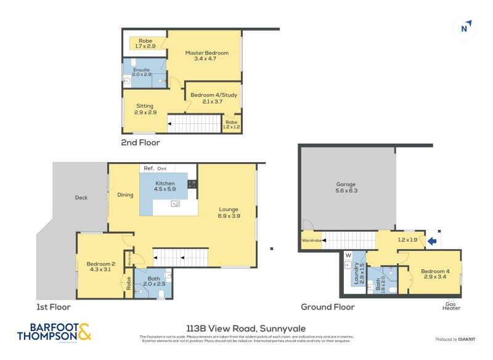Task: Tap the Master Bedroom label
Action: tap(206, 56)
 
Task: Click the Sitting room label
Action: tap(145, 109)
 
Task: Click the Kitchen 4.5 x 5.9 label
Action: tap(165, 187)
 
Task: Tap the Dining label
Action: tap(125, 195)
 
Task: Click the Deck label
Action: tap(81, 198)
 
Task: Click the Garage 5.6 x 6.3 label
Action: tap(346, 187)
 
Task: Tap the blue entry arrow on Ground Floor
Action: tap(433, 241)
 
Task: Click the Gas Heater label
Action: tap(452, 306)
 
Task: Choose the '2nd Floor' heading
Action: tap(140, 142)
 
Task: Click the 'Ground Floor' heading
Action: tap(327, 307)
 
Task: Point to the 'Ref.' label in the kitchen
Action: tap(149, 168)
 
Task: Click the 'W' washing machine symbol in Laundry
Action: tap(348, 255)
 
